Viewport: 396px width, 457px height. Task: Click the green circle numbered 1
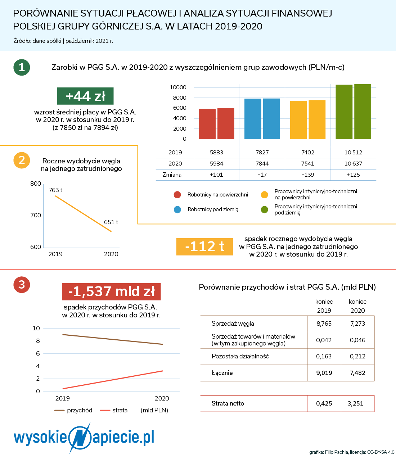point(22,67)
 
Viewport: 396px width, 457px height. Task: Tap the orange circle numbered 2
point(22,160)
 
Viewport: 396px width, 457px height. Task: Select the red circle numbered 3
point(22,285)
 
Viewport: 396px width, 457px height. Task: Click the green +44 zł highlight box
point(85,96)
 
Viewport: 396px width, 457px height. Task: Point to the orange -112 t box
point(204,247)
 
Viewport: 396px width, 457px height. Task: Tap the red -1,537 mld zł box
point(111,291)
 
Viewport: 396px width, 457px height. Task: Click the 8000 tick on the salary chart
point(179,98)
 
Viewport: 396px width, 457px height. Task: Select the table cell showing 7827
point(262,152)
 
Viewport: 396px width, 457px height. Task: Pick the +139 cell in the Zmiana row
point(308,175)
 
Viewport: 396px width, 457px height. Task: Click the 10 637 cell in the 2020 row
point(353,164)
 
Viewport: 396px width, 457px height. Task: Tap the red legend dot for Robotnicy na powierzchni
point(177,195)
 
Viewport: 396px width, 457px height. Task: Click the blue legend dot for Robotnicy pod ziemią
point(177,209)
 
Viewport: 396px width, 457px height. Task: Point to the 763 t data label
point(55,190)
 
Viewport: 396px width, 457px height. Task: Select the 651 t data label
point(111,222)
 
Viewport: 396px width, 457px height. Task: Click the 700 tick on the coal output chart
point(36,215)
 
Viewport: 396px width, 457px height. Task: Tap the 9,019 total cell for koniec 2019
point(324,373)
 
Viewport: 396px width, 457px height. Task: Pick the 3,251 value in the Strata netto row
point(355,403)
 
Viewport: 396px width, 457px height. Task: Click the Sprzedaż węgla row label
point(233,324)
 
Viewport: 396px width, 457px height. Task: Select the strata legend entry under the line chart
point(114,410)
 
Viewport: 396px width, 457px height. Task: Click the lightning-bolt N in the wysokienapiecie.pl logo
point(80,437)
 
